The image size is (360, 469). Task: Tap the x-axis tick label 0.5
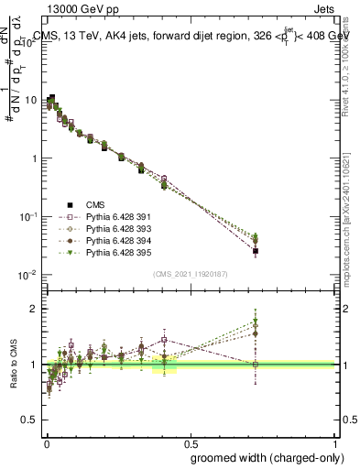click(x=190, y=440)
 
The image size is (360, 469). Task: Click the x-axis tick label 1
click(x=334, y=440)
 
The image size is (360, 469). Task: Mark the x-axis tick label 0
click(x=46, y=440)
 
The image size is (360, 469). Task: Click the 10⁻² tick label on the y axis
click(x=30, y=275)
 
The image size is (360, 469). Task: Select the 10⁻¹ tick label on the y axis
click(x=30, y=216)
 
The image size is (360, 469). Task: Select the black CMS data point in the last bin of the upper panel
click(x=256, y=251)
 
